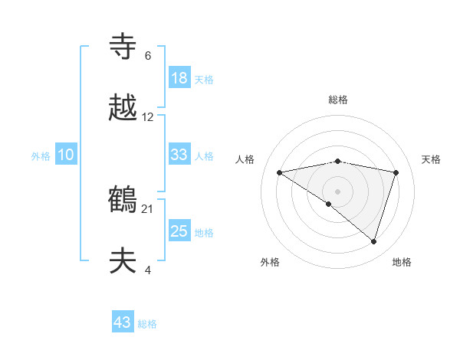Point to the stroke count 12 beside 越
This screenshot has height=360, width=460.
(148, 117)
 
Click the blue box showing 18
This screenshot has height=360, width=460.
(179, 78)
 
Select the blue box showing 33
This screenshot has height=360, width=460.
(179, 155)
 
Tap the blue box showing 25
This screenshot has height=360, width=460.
(179, 231)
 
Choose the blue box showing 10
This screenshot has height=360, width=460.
(66, 155)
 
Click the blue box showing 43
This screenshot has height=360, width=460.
(123, 323)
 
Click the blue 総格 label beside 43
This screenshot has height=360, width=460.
(147, 324)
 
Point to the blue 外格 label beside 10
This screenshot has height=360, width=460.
(41, 155)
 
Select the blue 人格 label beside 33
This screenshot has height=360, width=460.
(204, 155)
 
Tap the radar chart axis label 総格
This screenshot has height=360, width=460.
(338, 100)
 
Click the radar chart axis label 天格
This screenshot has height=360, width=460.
(432, 159)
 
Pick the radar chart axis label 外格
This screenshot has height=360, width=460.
(270, 262)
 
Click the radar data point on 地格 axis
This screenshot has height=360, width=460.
(374, 241)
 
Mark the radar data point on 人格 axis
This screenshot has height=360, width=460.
(280, 172)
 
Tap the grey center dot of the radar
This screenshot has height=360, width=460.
(338, 191)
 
